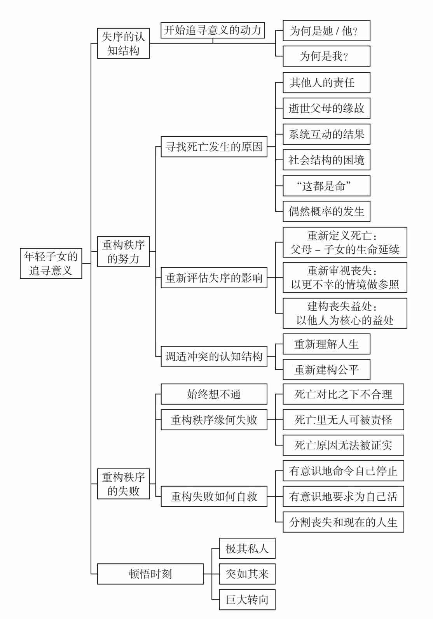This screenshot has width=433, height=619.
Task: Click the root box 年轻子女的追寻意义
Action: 51,263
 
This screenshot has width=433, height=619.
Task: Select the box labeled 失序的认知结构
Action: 123,44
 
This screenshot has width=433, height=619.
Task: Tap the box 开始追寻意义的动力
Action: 213,30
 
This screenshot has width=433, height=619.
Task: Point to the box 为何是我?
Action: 326,56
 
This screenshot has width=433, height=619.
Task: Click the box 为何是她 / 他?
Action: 326,31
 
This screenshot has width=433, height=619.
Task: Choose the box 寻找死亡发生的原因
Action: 214,147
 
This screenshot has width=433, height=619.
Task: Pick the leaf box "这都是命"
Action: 326,186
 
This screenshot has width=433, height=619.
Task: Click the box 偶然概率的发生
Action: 326,212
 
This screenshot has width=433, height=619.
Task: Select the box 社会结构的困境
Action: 326,160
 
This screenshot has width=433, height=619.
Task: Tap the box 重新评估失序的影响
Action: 214,278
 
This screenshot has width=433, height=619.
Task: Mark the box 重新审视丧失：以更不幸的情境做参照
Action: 345,277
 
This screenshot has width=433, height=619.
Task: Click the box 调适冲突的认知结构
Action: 214,356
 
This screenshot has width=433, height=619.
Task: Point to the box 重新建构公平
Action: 326,370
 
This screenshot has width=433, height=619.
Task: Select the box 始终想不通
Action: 214,394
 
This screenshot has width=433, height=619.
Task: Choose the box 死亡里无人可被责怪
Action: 343,420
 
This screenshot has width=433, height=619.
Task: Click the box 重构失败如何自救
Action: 214,496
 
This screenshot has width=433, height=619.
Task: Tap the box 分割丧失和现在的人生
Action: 343,522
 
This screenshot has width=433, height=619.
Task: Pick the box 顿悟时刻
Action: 150,574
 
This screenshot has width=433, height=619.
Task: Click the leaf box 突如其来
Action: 247,574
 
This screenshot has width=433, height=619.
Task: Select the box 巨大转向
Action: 247,600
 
